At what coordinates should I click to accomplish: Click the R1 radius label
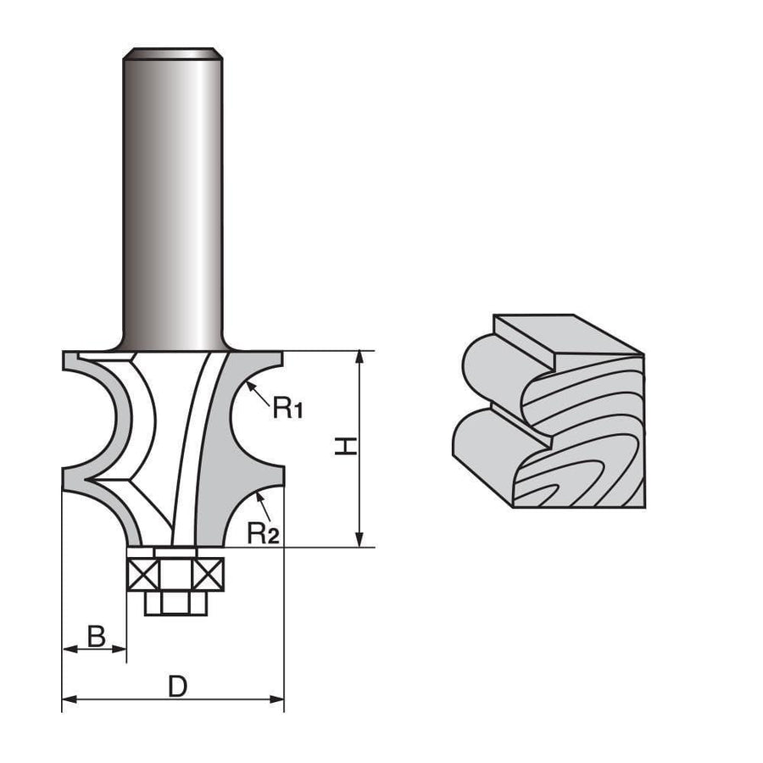point(288,409)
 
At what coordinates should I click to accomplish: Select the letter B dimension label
point(97,636)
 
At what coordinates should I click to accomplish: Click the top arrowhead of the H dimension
point(360,355)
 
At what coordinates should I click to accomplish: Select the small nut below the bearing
point(175,603)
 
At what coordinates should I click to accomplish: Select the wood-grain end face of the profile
point(585,441)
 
